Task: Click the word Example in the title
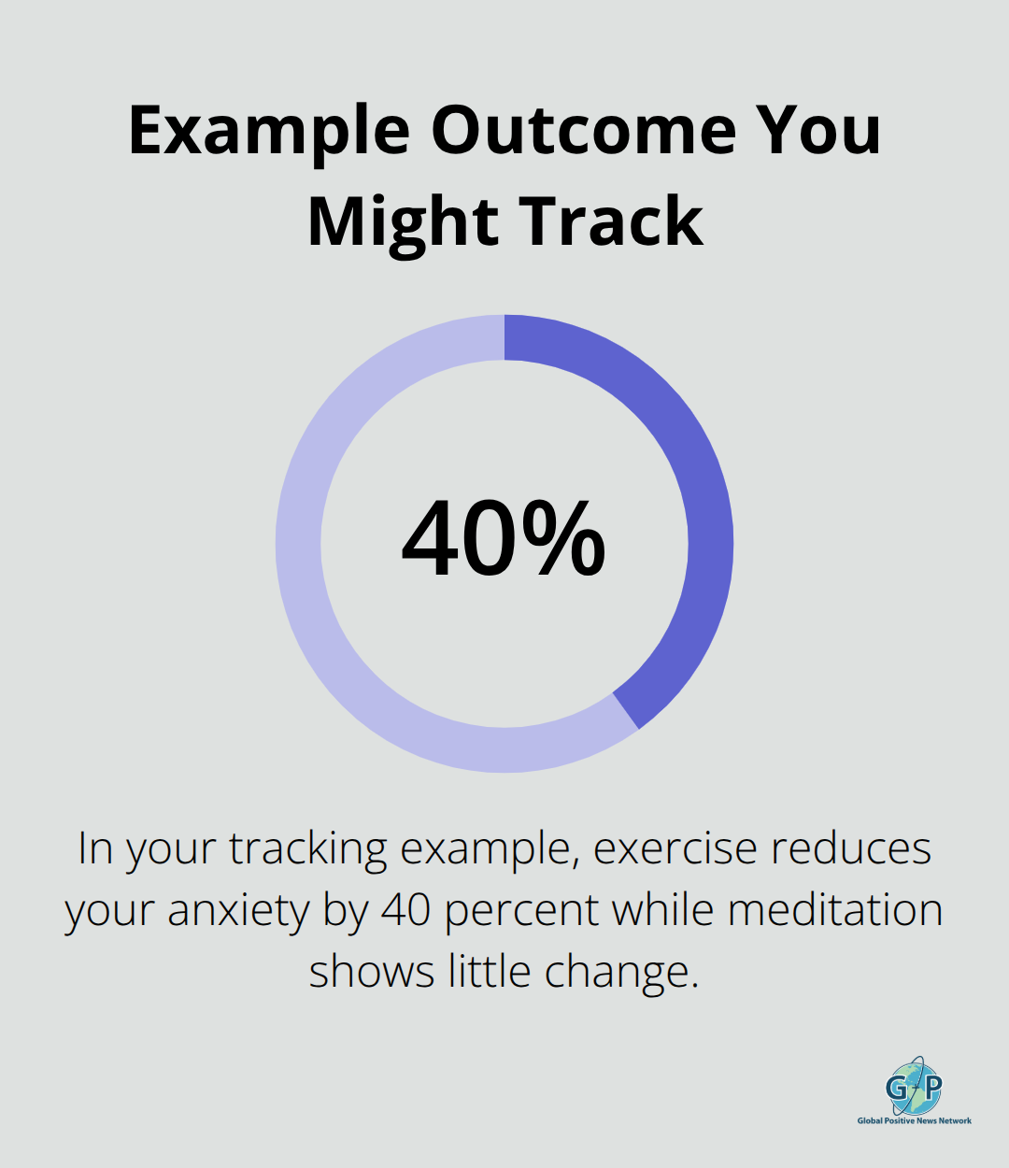(x=269, y=131)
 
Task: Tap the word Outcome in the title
(x=583, y=131)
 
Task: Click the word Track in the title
(x=612, y=222)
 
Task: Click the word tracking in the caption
(x=308, y=849)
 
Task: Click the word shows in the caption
(x=372, y=972)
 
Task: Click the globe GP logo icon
(x=914, y=1087)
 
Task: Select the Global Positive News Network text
(x=915, y=1120)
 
